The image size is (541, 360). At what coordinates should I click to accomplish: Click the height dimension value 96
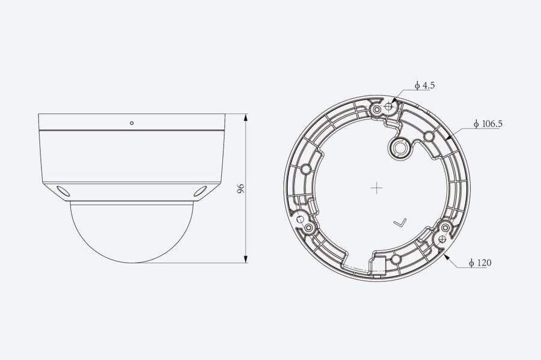(x=241, y=189)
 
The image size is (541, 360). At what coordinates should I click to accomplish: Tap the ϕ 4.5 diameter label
(x=424, y=85)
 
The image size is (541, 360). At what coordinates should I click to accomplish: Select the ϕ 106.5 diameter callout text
(x=488, y=124)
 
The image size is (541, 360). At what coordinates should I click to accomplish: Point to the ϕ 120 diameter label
(x=480, y=263)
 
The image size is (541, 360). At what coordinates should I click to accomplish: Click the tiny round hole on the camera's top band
(x=132, y=123)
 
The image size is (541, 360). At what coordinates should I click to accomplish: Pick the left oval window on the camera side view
(x=63, y=191)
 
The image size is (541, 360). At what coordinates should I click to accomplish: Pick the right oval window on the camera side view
(x=200, y=191)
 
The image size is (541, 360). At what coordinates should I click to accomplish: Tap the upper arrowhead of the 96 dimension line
(x=246, y=118)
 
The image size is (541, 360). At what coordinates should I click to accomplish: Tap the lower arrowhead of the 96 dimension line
(x=246, y=259)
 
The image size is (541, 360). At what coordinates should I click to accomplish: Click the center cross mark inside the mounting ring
(x=376, y=188)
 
